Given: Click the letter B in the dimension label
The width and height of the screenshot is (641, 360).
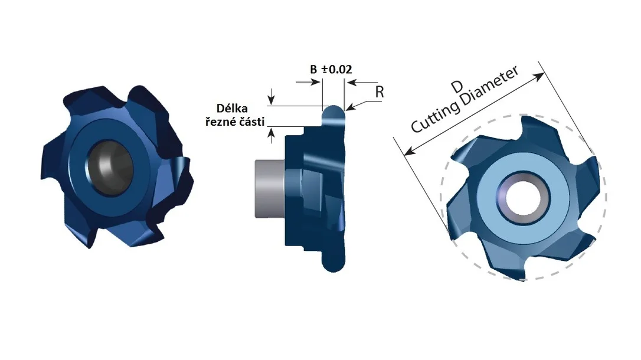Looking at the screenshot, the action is [313, 70].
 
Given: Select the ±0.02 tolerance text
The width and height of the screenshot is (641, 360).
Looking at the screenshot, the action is [337, 70].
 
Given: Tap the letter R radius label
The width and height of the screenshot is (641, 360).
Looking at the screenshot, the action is [380, 92].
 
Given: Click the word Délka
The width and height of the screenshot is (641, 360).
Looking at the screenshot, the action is [232, 108].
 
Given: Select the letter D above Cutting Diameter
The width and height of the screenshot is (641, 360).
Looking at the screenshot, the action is [457, 87].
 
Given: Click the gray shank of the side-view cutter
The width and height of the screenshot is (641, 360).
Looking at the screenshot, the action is [270, 189].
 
